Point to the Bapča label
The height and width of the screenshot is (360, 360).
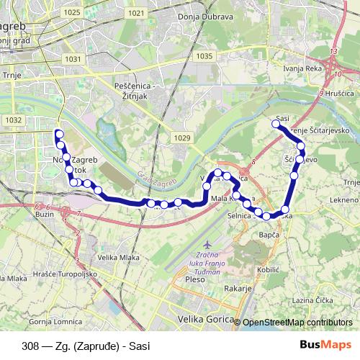pos(268,235)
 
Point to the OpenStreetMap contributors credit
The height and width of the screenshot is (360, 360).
pos(297,323)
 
